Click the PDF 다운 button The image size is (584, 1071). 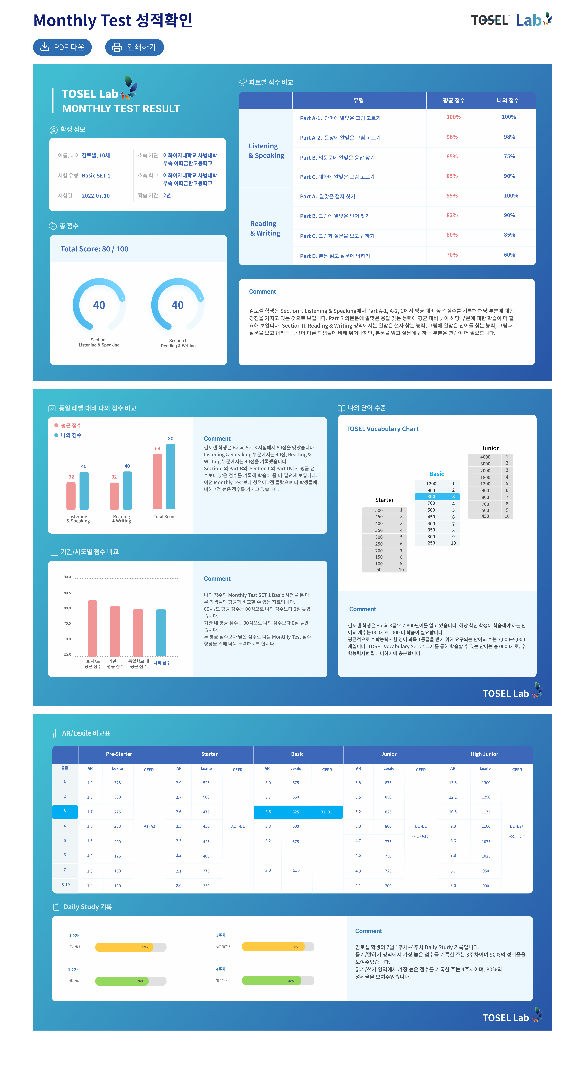coord(62,47)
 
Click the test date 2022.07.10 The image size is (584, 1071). coord(96,196)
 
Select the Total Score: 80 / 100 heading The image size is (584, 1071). coord(94,249)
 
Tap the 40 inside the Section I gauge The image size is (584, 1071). coord(99,305)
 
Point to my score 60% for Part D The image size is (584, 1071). coord(509,255)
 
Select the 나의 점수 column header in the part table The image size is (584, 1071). coord(508,100)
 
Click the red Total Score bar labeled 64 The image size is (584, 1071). coord(158,481)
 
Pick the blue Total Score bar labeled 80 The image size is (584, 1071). coord(170,476)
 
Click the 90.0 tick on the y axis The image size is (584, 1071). coord(67,577)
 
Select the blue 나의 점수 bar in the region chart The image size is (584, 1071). coord(161,633)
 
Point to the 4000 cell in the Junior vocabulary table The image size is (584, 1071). coord(485,457)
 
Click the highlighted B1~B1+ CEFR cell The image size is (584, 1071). coord(327,812)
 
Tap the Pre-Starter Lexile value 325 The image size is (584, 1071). coord(118,783)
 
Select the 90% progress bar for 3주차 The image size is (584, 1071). coord(278,947)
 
